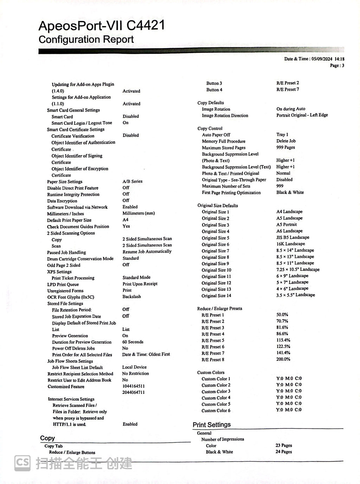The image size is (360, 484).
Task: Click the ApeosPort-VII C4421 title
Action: coord(101,26)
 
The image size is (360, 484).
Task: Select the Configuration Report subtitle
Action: coord(86,40)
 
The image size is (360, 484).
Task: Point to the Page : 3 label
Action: coord(337,65)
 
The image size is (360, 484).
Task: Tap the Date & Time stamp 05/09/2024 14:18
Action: coord(314,59)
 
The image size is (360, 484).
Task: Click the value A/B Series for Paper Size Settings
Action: coord(133,181)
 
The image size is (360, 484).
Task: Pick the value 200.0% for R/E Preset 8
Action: coord(283,359)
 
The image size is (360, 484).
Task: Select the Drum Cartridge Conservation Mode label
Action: coord(80,259)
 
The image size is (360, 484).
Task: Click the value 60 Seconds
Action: coord(133,342)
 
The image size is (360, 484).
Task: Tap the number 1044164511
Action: coord(133,386)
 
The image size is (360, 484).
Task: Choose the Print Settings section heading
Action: coord(212,425)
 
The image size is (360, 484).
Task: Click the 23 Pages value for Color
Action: coord(284,445)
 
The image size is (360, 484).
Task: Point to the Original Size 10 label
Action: coord(216,270)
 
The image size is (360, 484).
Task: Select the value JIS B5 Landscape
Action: coord(292,237)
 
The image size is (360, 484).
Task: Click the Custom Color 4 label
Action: coord(216,398)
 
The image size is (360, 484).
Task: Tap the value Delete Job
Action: coord(286,141)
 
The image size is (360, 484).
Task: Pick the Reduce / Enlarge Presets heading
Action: coord(219,308)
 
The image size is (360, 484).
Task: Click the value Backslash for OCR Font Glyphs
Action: coord(131,296)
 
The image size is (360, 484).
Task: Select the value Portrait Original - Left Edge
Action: coord(302,115)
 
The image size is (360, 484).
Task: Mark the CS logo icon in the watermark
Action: coord(22,463)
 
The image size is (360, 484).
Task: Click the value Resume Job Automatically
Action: coord(147,251)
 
